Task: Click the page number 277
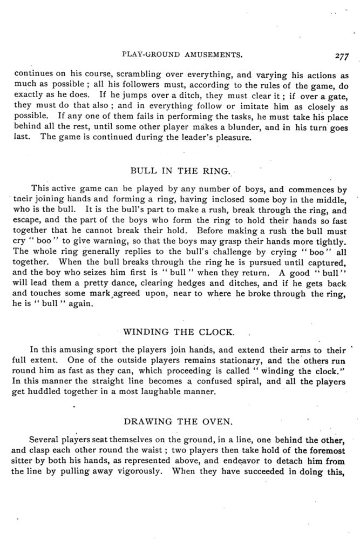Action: (x=343, y=55)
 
